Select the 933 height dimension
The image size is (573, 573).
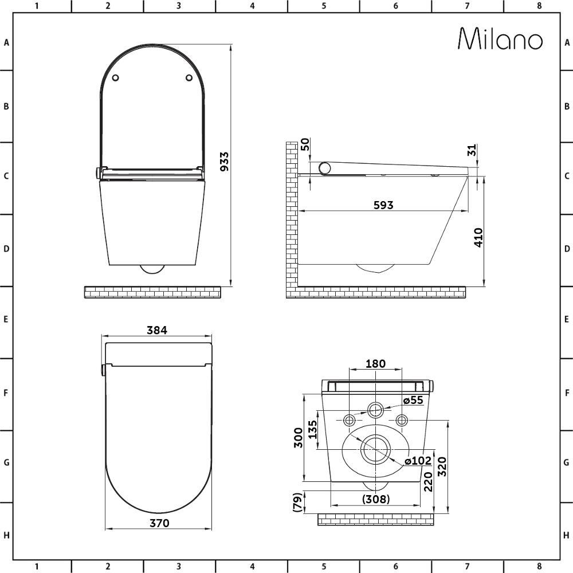click(225, 162)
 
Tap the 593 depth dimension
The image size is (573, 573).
click(384, 205)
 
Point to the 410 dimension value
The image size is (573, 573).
click(478, 238)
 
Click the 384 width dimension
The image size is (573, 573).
click(157, 330)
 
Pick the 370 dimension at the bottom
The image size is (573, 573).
click(160, 523)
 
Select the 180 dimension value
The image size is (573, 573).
click(376, 364)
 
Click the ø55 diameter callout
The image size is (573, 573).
click(413, 400)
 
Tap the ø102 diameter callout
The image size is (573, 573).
click(418, 461)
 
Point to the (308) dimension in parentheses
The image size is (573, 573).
click(376, 499)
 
